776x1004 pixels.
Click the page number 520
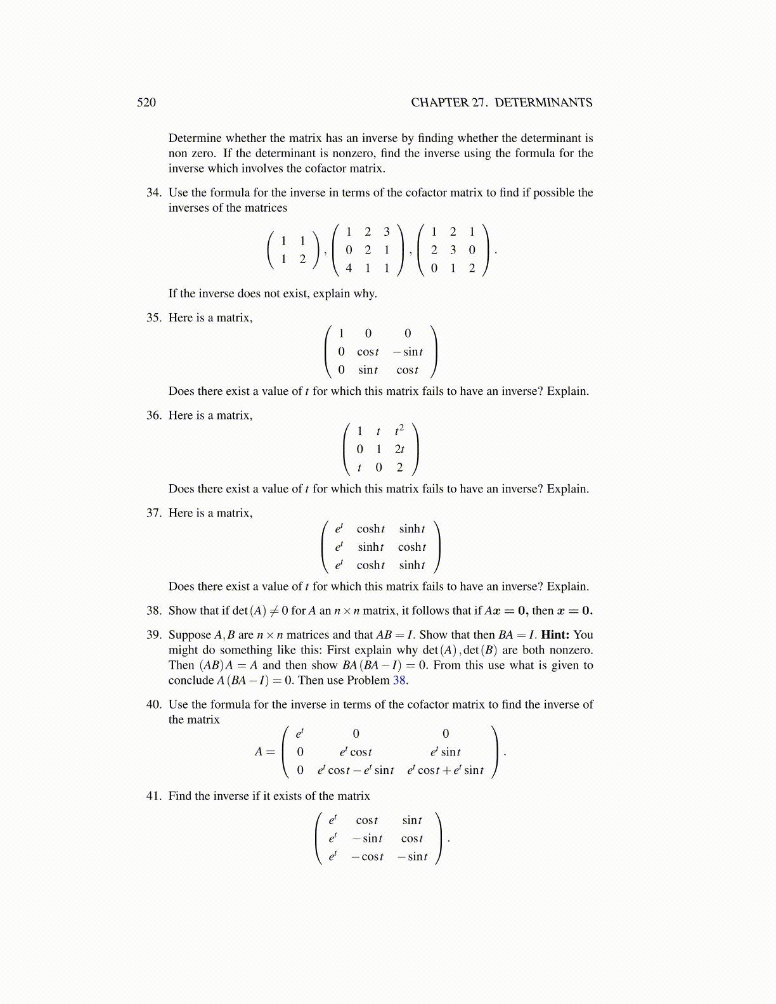point(146,103)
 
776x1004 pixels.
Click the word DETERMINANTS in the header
point(543,103)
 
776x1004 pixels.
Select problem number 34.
point(153,193)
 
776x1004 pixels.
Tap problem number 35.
point(153,318)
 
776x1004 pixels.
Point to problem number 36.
point(153,415)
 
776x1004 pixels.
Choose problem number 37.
point(153,513)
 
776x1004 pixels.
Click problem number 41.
point(153,795)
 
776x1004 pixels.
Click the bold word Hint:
point(555,634)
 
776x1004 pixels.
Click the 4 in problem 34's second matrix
point(349,268)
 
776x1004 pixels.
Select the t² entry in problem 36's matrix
point(399,431)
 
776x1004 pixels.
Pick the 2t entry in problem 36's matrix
point(399,449)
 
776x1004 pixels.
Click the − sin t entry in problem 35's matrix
point(408,352)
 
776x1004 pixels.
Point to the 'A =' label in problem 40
point(265,752)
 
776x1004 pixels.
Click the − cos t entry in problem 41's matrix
point(368,857)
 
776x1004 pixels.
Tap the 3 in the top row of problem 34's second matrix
point(387,232)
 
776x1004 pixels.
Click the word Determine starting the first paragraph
point(195,138)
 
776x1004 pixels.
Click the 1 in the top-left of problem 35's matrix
point(341,333)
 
